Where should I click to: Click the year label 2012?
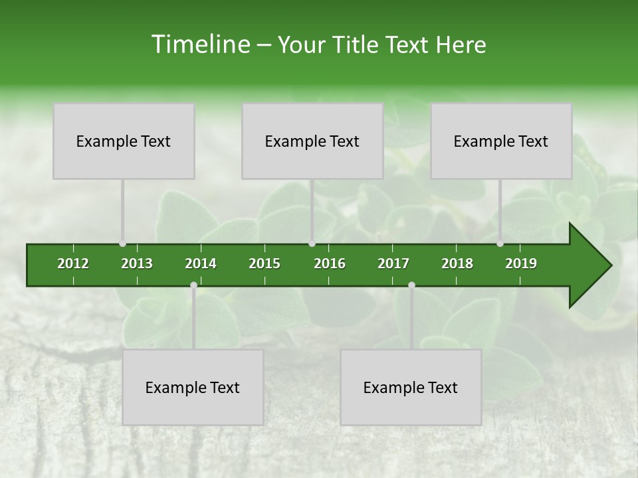[x=73, y=264]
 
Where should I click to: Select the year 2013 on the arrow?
[x=137, y=264]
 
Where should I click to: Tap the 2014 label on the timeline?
[x=201, y=264]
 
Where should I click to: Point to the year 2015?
[x=265, y=264]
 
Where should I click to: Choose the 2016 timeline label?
[x=330, y=264]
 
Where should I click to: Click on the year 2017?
[x=393, y=264]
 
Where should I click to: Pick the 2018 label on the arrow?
[x=457, y=264]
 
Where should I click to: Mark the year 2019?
[x=521, y=264]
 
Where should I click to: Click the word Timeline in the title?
[x=199, y=44]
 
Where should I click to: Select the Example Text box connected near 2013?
[x=124, y=141]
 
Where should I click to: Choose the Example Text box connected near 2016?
[x=312, y=141]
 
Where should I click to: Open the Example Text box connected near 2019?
[x=501, y=141]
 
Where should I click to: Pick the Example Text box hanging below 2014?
[x=193, y=388]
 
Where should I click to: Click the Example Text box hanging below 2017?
[x=411, y=388]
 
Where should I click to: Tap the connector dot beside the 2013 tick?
[x=123, y=244]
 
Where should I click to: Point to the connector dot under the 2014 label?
[x=193, y=285]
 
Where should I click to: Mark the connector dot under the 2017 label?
[x=411, y=285]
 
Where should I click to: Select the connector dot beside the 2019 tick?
[x=500, y=244]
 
